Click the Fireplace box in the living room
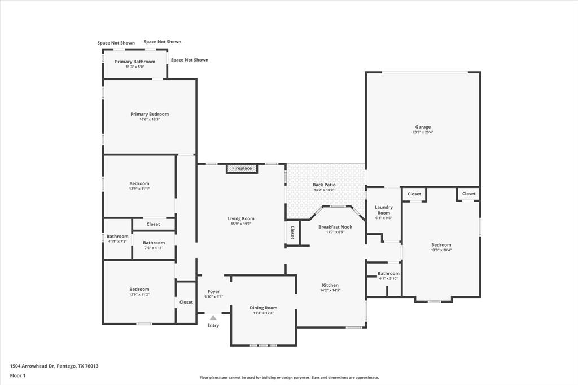pos(242,168)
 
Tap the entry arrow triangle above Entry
pos(213,318)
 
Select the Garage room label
pos(423,127)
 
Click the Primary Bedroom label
pos(150,114)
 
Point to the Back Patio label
pos(324,185)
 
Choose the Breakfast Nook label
pos(335,227)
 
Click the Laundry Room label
pos(383,210)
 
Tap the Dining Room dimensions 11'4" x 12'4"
pos(263,313)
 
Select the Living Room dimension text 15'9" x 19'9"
pos(241,224)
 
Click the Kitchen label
pos(330,285)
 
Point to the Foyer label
pos(213,291)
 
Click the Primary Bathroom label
pos(135,62)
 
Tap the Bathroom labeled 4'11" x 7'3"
pos(117,237)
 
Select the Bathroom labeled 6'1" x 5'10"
pos(388,273)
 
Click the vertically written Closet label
pos(292,233)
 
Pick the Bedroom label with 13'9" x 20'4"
pos(441,245)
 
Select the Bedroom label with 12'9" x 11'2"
pos(139,289)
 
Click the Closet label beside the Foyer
pos(186,302)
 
